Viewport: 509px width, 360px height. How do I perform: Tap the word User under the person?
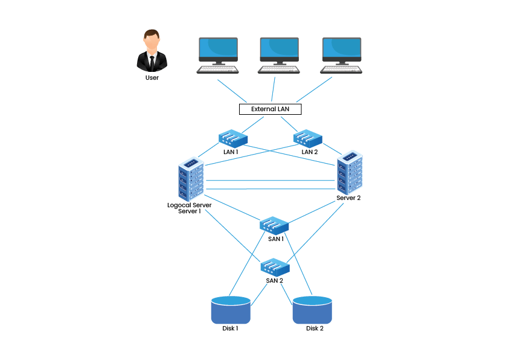[x=152, y=78]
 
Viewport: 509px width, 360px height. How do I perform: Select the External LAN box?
[x=270, y=109]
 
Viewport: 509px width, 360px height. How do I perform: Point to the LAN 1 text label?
[x=231, y=152]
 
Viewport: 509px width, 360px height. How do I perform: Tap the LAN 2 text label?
[x=309, y=152]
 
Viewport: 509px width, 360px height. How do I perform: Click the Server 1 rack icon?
[x=191, y=179]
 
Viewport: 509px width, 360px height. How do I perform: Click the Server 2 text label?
[x=348, y=198]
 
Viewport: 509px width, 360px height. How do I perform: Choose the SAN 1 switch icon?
[x=275, y=225]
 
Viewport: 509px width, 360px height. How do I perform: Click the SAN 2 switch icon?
[x=275, y=266]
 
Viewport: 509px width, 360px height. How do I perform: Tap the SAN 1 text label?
[x=275, y=239]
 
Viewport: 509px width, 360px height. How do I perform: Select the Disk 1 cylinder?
[x=231, y=310]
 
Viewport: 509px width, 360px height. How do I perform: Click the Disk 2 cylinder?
[x=312, y=310]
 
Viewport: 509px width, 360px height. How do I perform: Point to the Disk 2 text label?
[x=315, y=329]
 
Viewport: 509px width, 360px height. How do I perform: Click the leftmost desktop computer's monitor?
[x=218, y=49]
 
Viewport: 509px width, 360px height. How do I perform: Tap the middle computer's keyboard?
[x=279, y=69]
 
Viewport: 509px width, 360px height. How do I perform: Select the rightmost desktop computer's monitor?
[x=341, y=49]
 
